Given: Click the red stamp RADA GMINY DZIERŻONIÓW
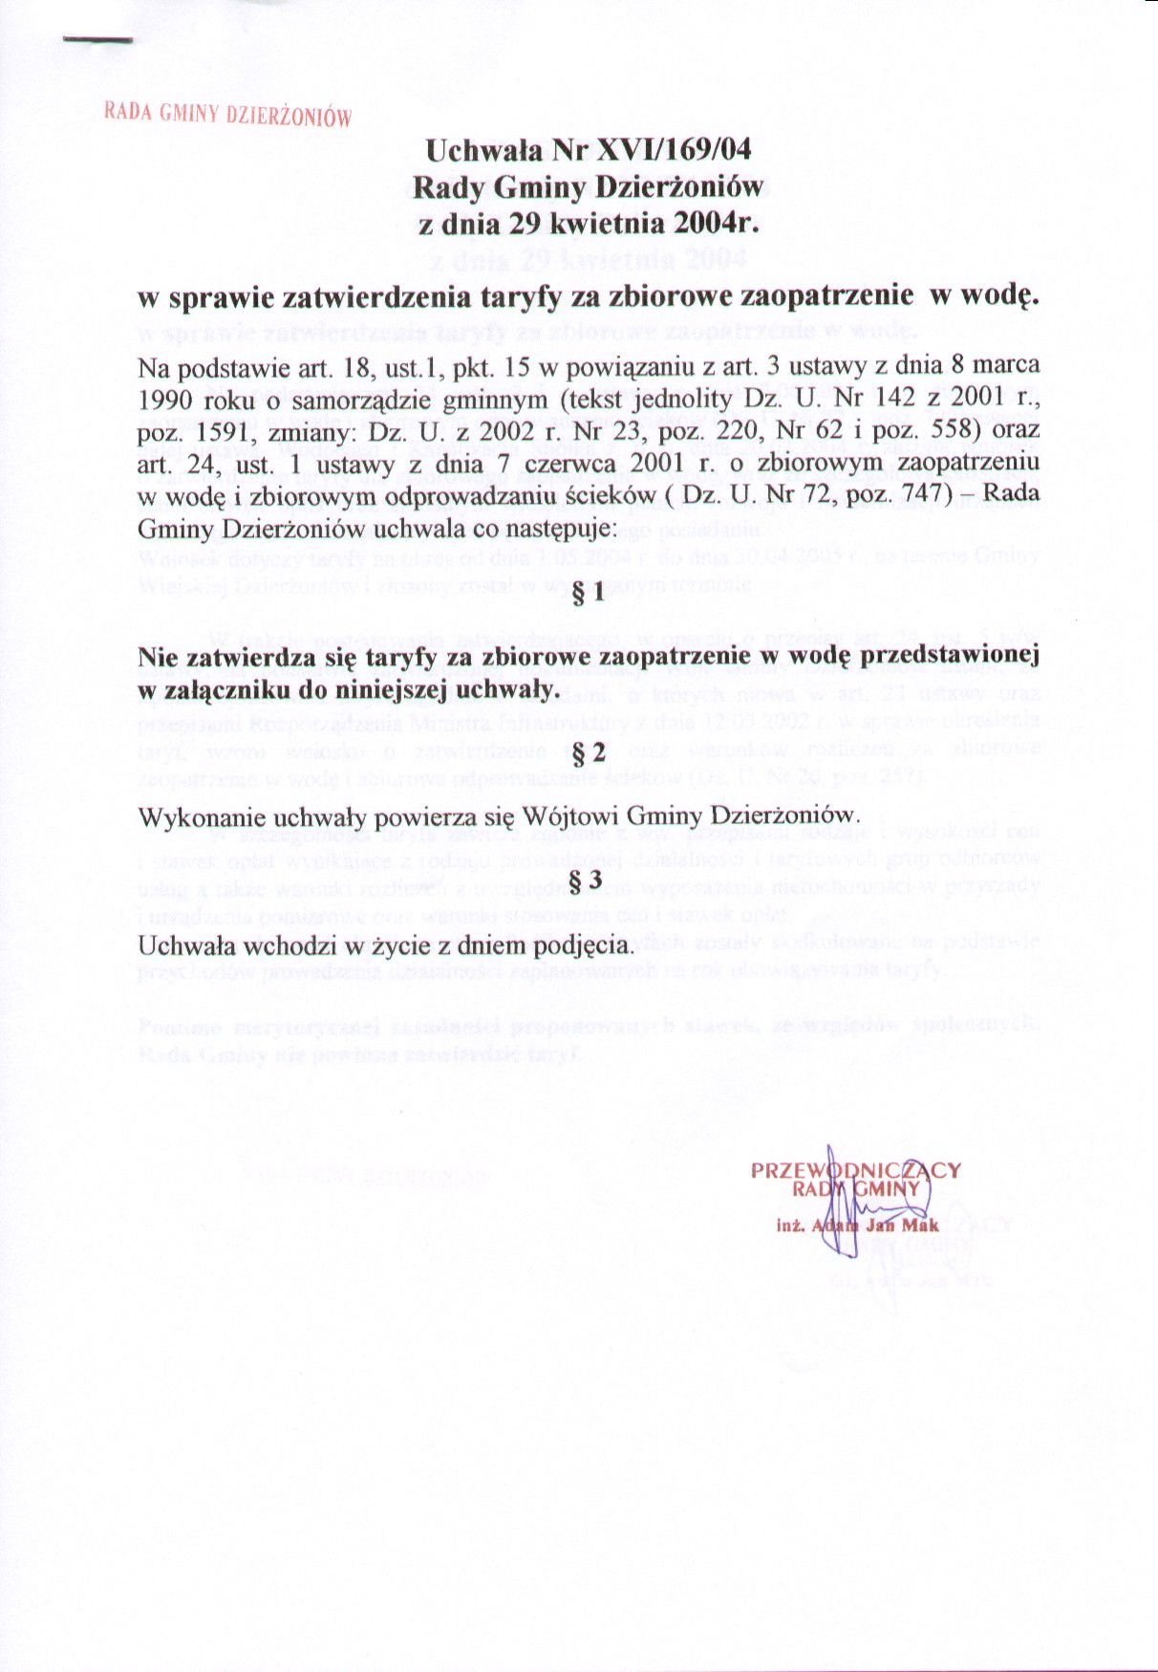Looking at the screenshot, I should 227,115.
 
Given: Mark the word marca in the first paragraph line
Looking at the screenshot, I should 1008,366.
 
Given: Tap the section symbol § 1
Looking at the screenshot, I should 588,594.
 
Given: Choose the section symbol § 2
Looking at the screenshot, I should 588,752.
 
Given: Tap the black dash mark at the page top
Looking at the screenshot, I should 97,40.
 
